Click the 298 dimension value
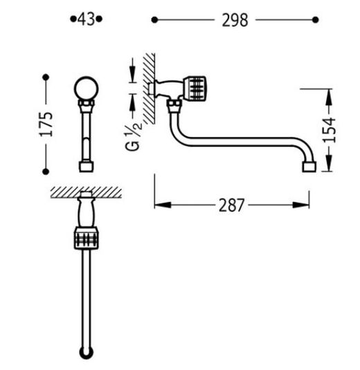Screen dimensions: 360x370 point(235,20)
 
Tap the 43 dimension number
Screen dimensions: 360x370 point(87,19)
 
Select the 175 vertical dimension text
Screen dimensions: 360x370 point(46,124)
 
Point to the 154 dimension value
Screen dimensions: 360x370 point(329,130)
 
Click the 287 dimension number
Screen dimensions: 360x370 point(231,205)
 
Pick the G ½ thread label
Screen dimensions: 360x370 point(133,136)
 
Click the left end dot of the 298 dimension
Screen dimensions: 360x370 point(154,20)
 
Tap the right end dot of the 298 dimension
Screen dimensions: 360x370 point(316,20)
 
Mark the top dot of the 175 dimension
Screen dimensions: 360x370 point(46,77)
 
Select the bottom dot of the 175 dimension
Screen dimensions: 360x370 point(46,172)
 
